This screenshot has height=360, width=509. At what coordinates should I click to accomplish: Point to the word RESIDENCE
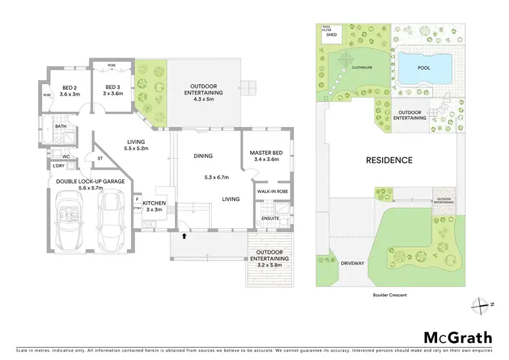pos(389,160)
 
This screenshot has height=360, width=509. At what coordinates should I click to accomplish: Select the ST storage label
pos(100,160)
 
